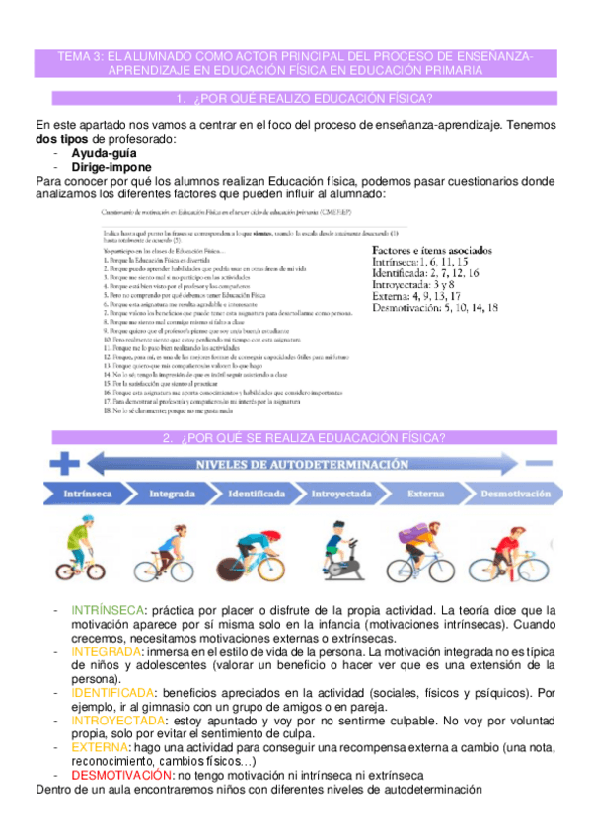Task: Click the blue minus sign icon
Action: [x=538, y=462]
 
